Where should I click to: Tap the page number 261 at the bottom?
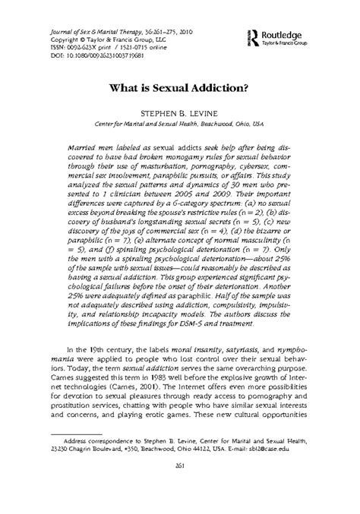point(180,487)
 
